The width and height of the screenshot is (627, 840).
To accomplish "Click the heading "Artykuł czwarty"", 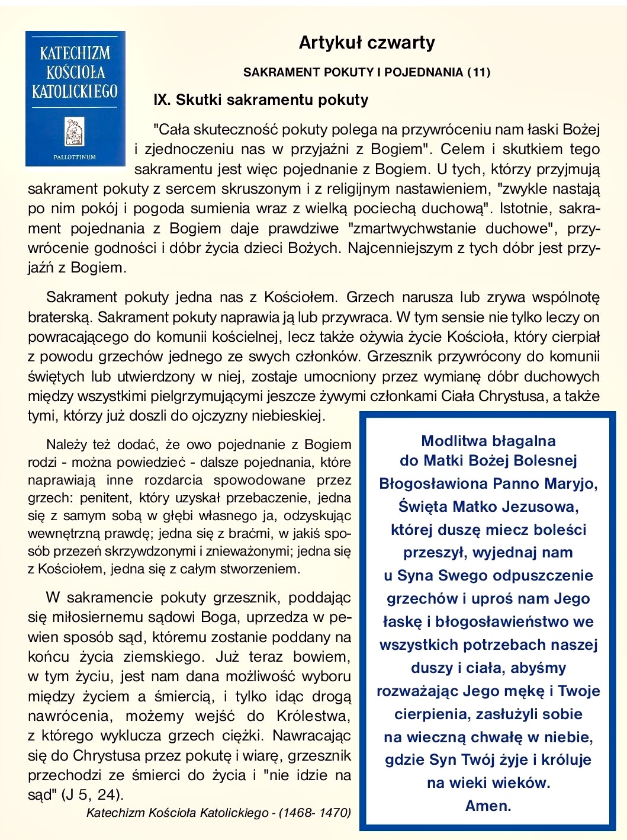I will click(x=366, y=43).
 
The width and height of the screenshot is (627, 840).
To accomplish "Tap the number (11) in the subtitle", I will click(x=478, y=72).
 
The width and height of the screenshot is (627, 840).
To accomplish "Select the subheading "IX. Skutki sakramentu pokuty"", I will click(x=261, y=100).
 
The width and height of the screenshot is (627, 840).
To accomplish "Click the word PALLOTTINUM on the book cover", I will click(x=75, y=157).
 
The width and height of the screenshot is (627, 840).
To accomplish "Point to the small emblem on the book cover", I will click(x=75, y=131).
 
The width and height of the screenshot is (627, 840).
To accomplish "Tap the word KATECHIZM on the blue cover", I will click(x=75, y=53).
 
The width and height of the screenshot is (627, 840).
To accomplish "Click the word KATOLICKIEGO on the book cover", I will click(x=75, y=91).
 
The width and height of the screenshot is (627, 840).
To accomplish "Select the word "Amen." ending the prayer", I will click(x=488, y=806).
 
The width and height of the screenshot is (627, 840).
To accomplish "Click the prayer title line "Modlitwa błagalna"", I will click(x=488, y=441).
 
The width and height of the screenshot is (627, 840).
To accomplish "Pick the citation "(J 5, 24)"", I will click(x=92, y=794).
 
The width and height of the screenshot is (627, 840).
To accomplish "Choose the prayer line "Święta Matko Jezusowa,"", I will click(x=488, y=506).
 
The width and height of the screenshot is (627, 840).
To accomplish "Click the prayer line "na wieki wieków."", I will click(x=488, y=783).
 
